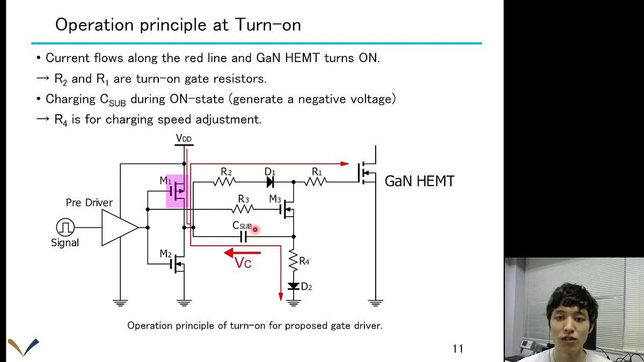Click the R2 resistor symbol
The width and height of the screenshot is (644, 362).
tap(225, 182)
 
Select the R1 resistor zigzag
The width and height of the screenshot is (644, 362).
tap(317, 182)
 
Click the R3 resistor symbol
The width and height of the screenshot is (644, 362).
tap(244, 209)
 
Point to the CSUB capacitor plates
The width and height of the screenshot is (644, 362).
tap(244, 236)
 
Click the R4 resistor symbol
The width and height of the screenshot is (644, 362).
tap(294, 262)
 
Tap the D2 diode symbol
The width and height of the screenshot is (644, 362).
tap(294, 286)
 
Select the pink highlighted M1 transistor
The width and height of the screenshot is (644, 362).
tap(178, 191)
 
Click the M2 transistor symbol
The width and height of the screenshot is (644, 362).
tap(178, 263)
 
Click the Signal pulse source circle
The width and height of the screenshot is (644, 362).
tap(65, 227)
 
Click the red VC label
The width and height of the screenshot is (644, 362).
tap(243, 263)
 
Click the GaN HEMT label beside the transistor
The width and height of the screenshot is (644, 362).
tap(419, 181)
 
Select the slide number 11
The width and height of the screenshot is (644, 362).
tap(457, 349)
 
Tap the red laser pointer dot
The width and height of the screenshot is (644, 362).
tap(255, 229)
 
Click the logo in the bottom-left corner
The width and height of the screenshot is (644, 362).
tap(23, 346)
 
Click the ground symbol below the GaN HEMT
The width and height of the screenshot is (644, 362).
tap(375, 303)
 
